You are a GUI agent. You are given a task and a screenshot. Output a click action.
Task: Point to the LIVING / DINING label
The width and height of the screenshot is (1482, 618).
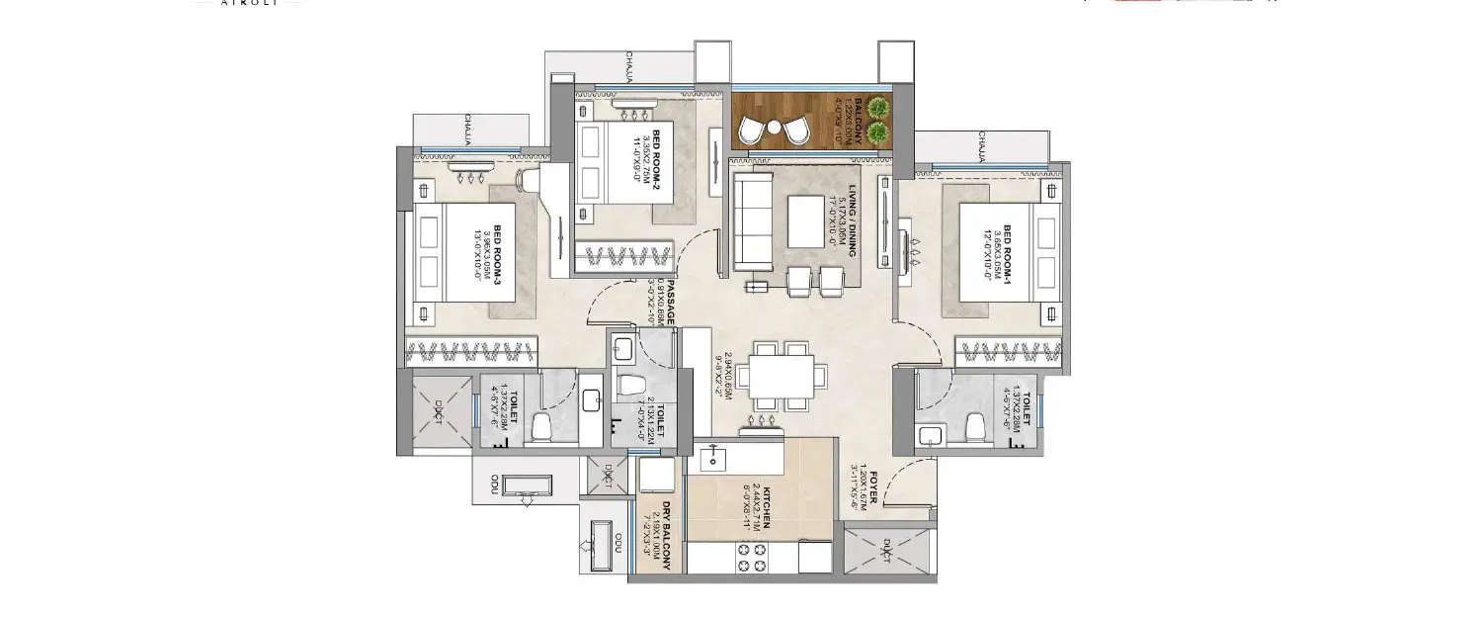[851, 223]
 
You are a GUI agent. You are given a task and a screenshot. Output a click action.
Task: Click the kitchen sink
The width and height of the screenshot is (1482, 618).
[712, 457]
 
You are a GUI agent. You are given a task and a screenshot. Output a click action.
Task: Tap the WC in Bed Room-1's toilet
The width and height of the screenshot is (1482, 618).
[973, 426]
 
